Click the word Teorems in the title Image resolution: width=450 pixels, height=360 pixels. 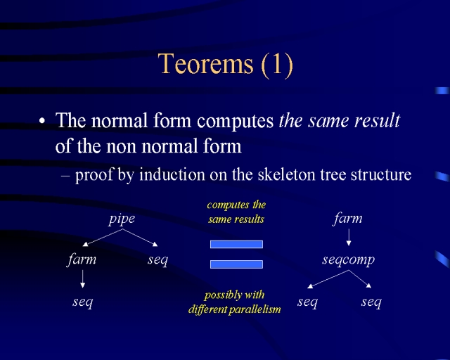pos(206,63)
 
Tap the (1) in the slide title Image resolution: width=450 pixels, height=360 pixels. pos(277,65)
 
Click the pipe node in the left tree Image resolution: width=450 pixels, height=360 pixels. pos(122,219)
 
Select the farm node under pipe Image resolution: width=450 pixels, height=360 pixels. pos(82,259)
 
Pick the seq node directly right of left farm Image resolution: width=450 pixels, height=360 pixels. pos(157,260)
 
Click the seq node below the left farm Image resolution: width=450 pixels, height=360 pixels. pos(83,302)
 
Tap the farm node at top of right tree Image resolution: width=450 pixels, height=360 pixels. pos(348,219)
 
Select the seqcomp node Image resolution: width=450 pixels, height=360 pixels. pos(349,260)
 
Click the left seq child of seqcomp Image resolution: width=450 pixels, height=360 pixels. pos(307,302)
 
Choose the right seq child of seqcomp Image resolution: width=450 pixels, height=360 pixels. pos(371,302)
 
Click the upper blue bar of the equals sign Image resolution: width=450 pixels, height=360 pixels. pos(236,244)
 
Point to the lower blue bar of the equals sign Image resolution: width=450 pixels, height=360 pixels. pos(236,264)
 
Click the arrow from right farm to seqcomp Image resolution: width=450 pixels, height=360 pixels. pos(349,237)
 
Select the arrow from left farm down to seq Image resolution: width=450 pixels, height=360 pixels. pos(83,278)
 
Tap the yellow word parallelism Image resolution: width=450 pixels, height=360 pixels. pos(255,309)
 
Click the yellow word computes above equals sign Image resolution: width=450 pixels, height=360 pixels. pos(228,205)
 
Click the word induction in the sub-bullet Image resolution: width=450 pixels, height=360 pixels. pos(172,174)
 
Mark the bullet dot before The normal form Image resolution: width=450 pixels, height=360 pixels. pos(42,121)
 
